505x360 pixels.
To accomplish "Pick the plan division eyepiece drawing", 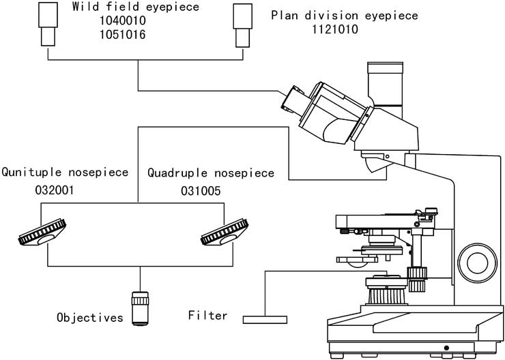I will (x=242, y=25).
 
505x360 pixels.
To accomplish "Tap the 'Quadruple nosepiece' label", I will (x=211, y=173).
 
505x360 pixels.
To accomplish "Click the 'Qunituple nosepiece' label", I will (x=65, y=172).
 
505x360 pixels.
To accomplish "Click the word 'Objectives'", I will (x=90, y=318).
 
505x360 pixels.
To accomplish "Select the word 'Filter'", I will (x=207, y=315).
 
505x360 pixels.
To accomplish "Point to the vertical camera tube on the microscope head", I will (x=385, y=85).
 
